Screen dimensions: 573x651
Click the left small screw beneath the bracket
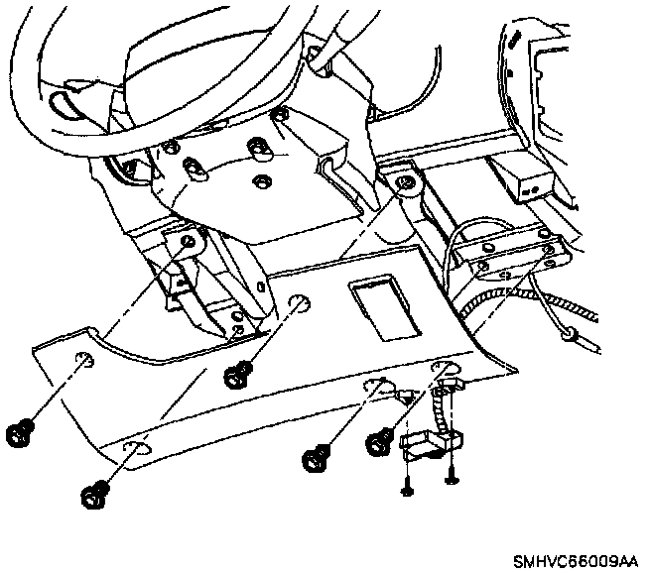[407, 487]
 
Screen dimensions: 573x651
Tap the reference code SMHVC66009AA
[576, 560]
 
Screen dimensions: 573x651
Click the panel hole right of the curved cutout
[297, 301]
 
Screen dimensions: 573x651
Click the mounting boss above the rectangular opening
[403, 183]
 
